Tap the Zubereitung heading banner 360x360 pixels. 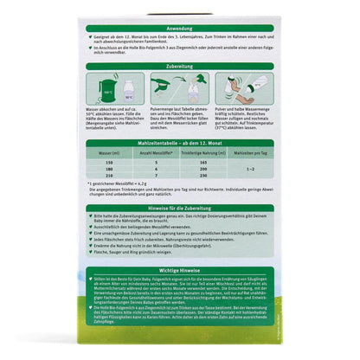pyautogui.click(x=180, y=65)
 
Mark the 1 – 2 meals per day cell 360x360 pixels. pyautogui.click(x=252, y=170)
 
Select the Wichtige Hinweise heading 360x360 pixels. pyautogui.click(x=180, y=283)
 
